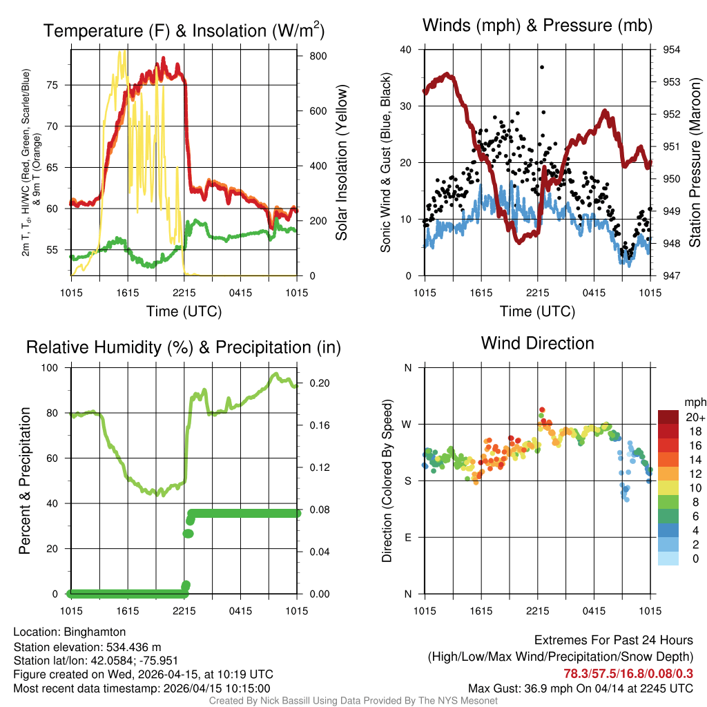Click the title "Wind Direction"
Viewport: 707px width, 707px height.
pos(537,343)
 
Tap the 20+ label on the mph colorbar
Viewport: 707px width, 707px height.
pos(695,417)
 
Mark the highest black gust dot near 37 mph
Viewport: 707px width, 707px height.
pos(542,67)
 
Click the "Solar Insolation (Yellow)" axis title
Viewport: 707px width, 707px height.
pos(341,163)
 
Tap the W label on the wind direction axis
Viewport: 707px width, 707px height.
pos(408,424)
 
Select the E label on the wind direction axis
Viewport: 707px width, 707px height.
pos(408,537)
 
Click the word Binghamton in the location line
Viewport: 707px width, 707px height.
pos(95,632)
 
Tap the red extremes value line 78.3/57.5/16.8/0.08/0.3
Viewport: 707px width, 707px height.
pos(628,673)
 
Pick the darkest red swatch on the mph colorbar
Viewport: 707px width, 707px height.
pos(668,417)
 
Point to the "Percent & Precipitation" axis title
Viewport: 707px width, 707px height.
pos(26,481)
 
